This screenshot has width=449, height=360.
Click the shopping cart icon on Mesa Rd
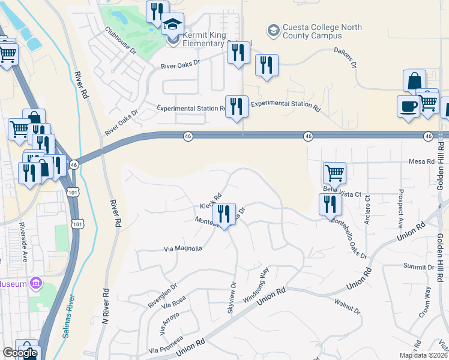click(x=334, y=173)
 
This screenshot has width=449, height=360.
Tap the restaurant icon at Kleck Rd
click(x=224, y=214)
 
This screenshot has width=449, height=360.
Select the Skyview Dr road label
click(x=232, y=298)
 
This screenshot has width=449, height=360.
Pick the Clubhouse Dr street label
click(x=120, y=40)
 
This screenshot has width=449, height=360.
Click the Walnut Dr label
click(x=348, y=307)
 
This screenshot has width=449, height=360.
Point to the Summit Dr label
click(x=418, y=266)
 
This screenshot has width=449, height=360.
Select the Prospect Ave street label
click(x=400, y=209)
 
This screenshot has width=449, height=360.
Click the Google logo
click(x=20, y=353)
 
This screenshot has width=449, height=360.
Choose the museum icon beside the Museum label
click(x=36, y=283)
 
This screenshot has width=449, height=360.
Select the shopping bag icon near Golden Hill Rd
click(x=414, y=80)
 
